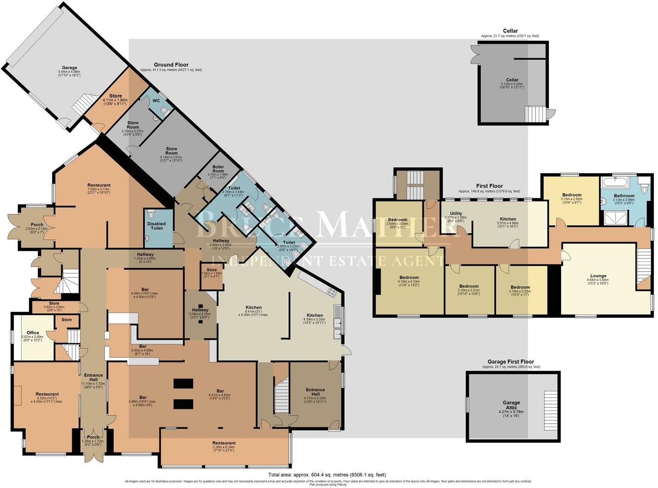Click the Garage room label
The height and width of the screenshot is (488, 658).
[70, 68]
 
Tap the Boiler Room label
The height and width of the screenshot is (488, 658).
[218, 169]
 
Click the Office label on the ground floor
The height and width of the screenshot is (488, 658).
[33, 333]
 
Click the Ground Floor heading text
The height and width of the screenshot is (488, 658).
[171, 65]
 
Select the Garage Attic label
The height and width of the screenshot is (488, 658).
[511, 405]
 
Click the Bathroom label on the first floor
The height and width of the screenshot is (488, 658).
[624, 195]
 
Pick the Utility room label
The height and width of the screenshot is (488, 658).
[456, 214]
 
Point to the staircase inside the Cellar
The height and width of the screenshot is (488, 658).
[534, 114]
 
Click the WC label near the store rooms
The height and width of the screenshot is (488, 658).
[156, 100]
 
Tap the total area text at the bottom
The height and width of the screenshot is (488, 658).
[327, 475]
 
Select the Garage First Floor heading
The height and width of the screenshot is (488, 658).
[511, 362]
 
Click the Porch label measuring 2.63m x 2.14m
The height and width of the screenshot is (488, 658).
[34, 225]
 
